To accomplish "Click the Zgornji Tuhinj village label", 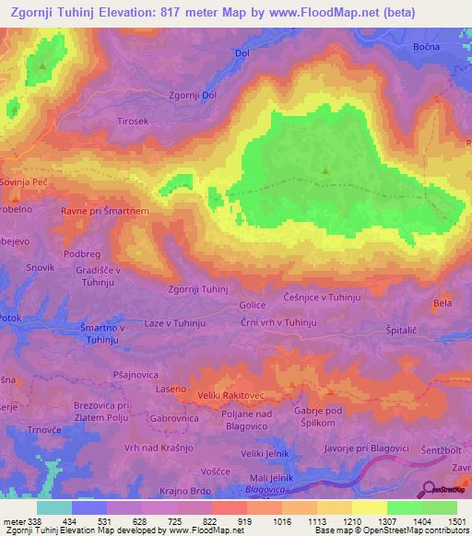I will [197, 289].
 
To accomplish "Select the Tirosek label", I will [133, 121].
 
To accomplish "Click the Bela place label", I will [442, 302].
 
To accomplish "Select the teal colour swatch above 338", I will [54, 507].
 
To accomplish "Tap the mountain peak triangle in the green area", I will [325, 170].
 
